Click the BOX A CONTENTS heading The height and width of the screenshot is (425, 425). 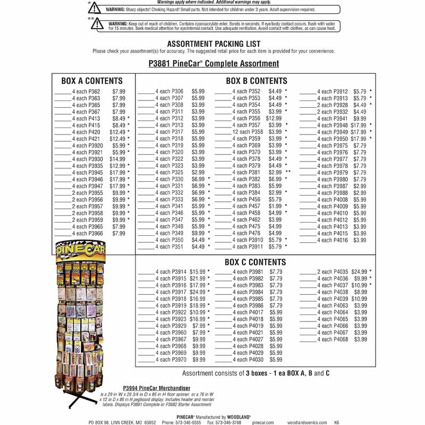[x=92, y=81]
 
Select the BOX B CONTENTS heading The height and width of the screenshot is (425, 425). [x=256, y=81]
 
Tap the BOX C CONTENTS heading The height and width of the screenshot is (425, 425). [x=255, y=262]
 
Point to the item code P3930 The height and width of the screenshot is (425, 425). [x=95, y=159]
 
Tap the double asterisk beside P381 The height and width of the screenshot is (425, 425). [x=288, y=173]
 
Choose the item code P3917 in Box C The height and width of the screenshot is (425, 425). [x=179, y=292]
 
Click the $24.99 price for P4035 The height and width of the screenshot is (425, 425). [x=359, y=272]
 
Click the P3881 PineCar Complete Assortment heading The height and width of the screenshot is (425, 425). [x=213, y=64]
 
